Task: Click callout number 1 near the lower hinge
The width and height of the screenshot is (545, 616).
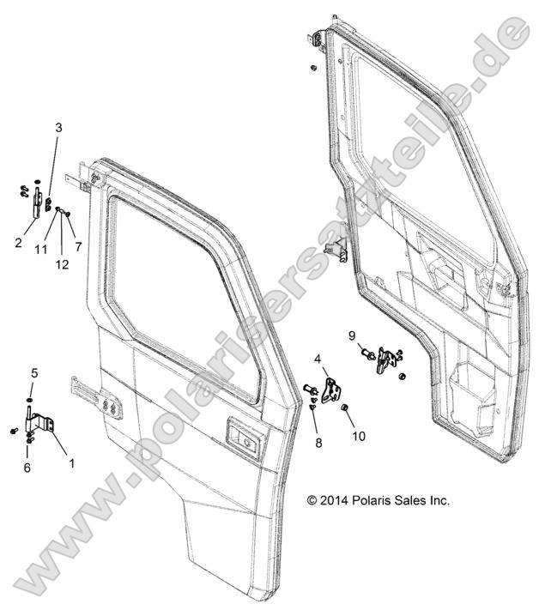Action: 71,462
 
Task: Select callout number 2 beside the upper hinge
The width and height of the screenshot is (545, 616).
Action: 18,243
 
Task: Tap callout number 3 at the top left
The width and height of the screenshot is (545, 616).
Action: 58,128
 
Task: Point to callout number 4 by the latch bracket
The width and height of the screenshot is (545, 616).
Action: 318,359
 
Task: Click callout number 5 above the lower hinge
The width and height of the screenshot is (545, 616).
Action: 34,373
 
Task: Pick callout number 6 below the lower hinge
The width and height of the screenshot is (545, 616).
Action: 27,468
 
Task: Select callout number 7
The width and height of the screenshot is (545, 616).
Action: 78,247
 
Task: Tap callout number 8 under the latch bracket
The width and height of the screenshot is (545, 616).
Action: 318,444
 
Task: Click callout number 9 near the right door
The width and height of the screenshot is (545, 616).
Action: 351,334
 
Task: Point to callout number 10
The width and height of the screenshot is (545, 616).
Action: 358,436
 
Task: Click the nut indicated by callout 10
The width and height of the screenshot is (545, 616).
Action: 343,406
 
